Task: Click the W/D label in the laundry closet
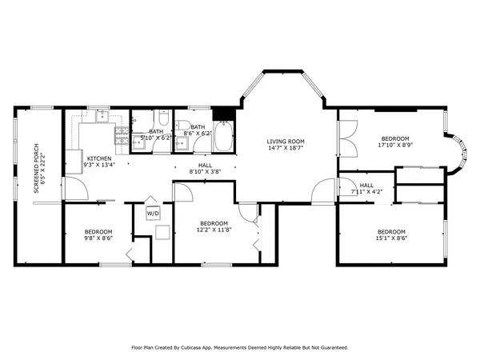pos(153,214)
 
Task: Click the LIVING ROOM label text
pos(286,142)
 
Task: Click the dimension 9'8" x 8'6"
pos(98,238)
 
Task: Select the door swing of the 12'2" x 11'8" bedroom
pos(182,192)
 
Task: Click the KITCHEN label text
pos(99,158)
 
